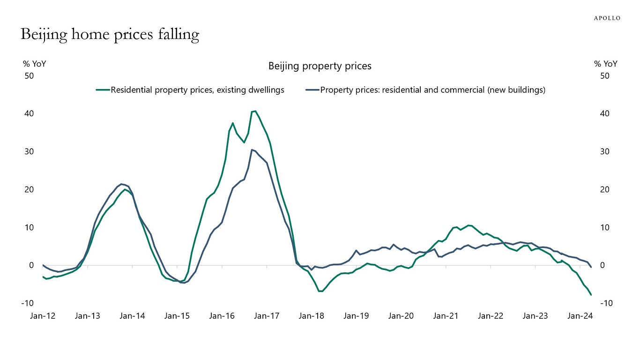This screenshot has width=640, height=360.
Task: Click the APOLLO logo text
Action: click(607, 18)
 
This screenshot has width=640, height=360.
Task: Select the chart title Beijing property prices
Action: click(320, 66)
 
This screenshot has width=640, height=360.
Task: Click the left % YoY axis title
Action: click(35, 64)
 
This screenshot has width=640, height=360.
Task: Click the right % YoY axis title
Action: click(605, 64)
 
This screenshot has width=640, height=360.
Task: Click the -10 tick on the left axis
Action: click(27, 303)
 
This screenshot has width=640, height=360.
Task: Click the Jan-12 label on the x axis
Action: click(43, 316)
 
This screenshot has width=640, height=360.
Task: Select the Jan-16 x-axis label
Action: click(222, 316)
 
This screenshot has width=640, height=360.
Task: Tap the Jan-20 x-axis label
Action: click(401, 316)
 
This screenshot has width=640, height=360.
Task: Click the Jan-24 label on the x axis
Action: click(580, 316)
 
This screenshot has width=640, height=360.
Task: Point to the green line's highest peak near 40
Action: click(255, 111)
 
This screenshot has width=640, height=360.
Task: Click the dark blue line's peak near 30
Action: click(252, 150)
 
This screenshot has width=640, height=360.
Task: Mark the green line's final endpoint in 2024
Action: click(591, 295)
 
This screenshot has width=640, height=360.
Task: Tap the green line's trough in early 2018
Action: click(320, 291)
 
